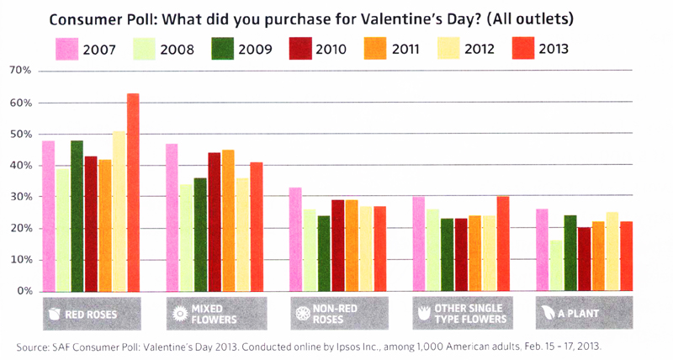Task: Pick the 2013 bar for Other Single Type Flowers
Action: click(x=502, y=244)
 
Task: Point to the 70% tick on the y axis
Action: click(x=20, y=71)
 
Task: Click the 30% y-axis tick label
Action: click(x=20, y=197)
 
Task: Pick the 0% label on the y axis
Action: click(x=23, y=291)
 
